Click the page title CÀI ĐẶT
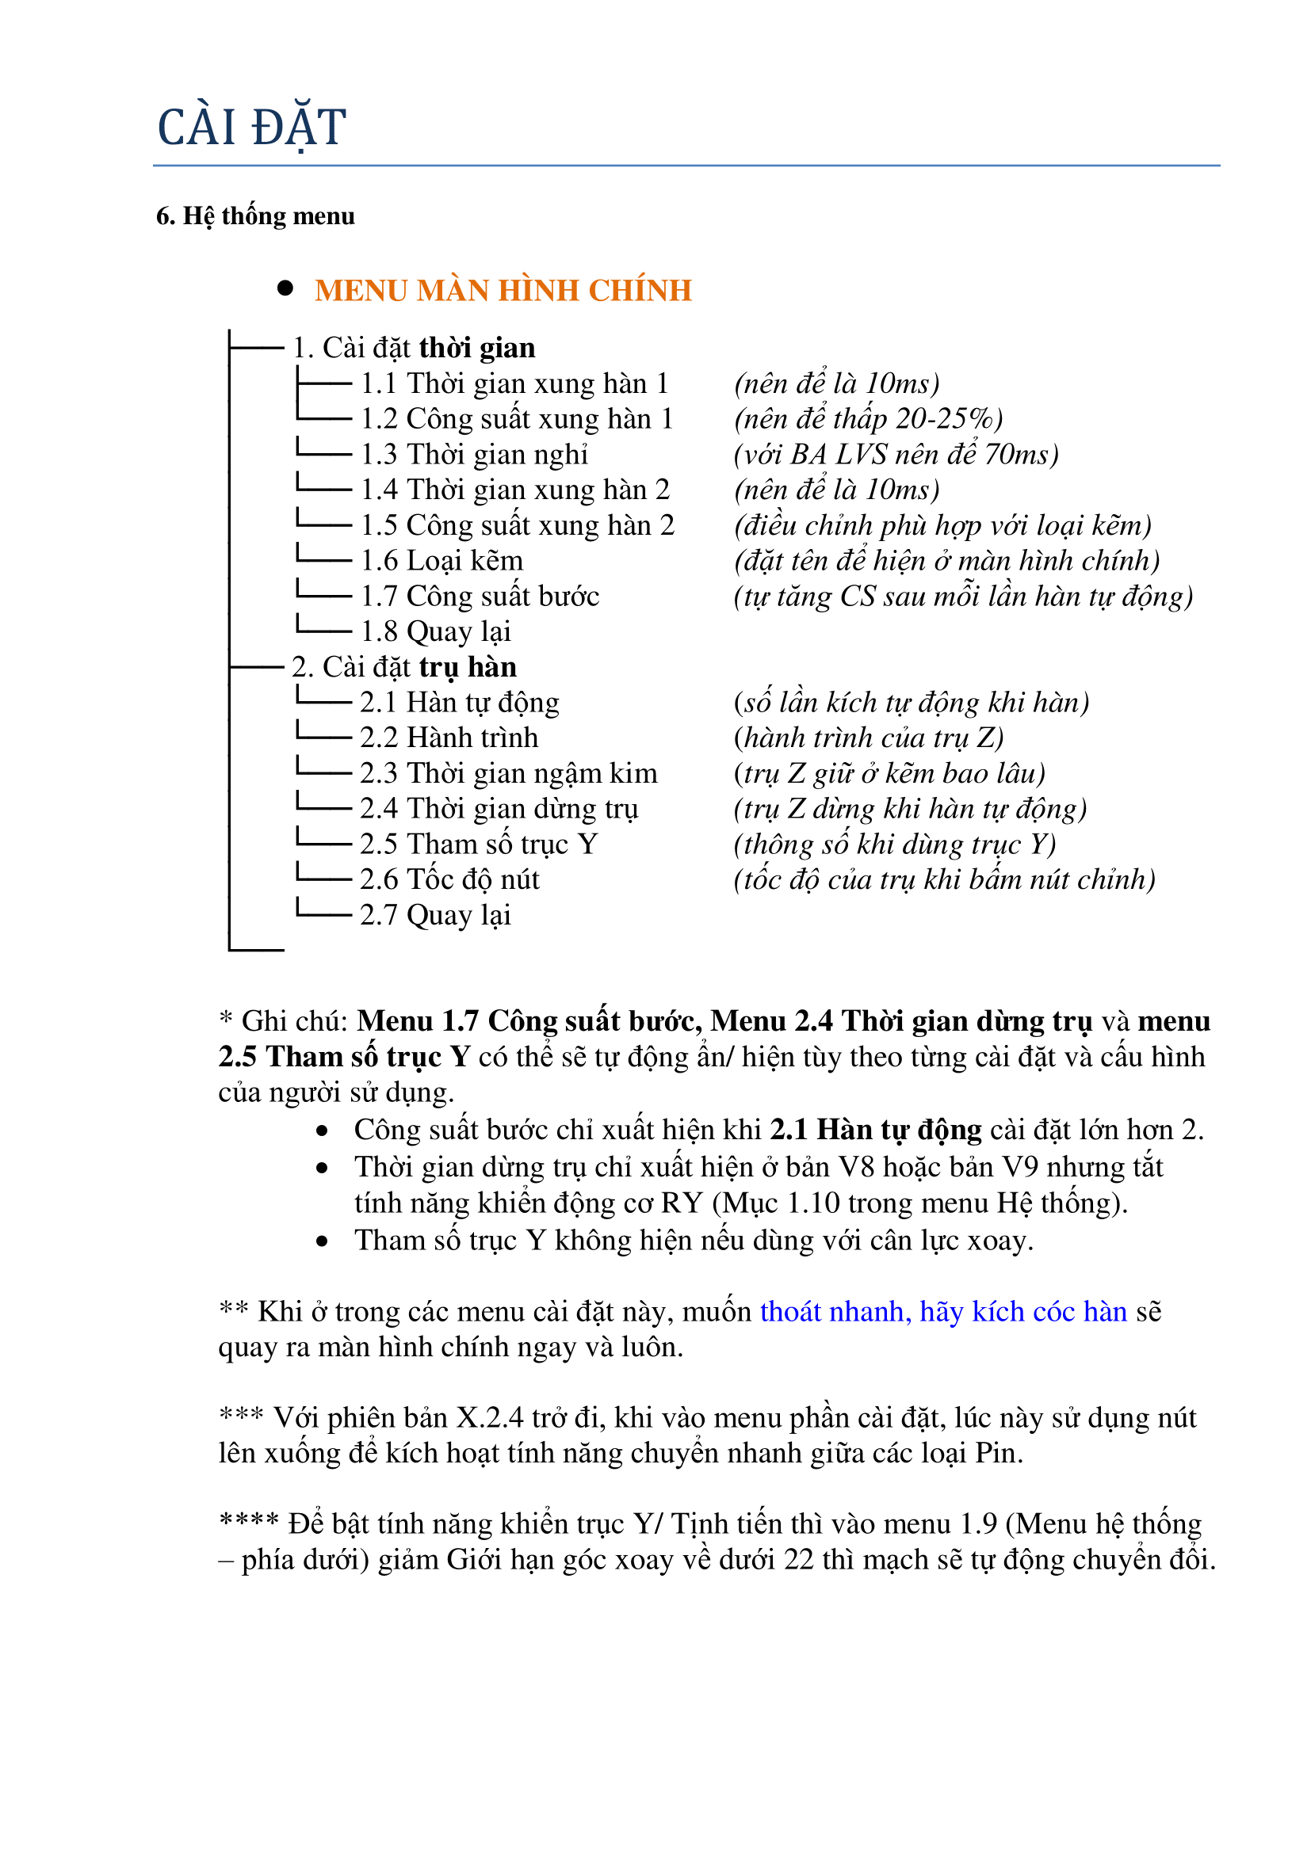click(251, 128)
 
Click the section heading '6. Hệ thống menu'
click(255, 216)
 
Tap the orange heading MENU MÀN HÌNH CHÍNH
click(503, 291)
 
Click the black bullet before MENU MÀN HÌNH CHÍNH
click(285, 289)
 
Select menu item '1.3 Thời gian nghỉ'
click(474, 455)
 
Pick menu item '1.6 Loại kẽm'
click(441, 561)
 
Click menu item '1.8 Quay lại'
click(435, 631)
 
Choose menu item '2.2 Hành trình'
click(449, 738)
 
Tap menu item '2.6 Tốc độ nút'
click(449, 879)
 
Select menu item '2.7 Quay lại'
click(435, 915)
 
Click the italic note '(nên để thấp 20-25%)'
click(869, 419)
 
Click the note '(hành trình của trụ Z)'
click(869, 738)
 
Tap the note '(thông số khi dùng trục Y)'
click(894, 845)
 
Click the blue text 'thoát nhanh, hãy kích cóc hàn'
click(943, 1312)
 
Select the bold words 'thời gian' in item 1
click(477, 348)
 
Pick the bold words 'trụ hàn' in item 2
click(468, 667)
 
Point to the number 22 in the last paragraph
click(798, 1560)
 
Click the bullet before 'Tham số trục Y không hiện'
click(322, 1241)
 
